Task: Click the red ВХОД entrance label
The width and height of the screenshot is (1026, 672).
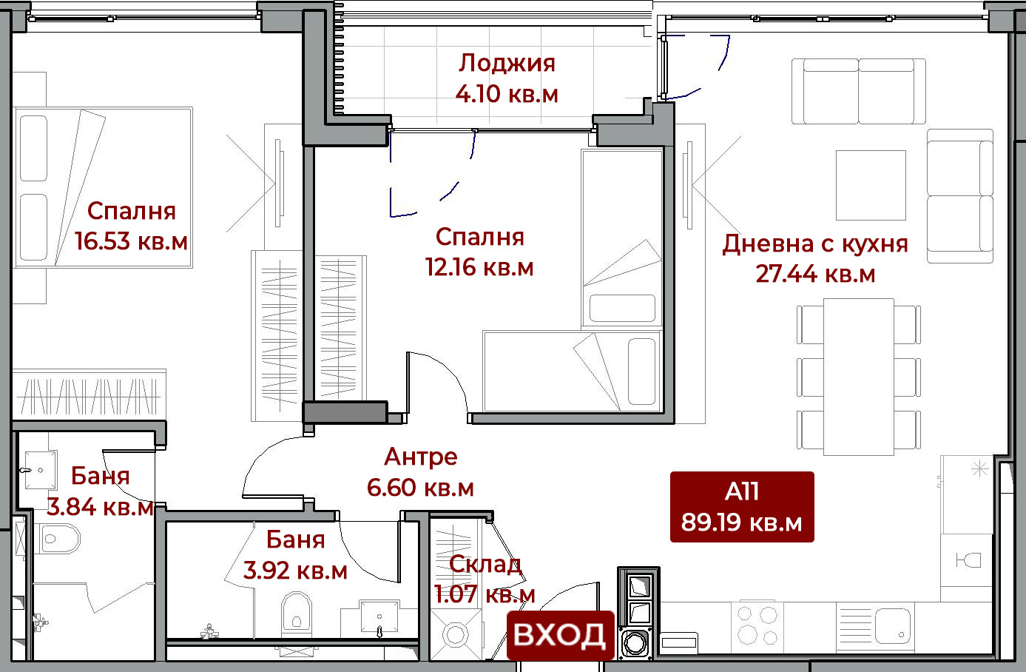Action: coord(560,635)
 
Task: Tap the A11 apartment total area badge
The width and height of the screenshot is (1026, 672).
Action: coord(742,507)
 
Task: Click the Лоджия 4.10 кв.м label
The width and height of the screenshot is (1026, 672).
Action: coord(507,78)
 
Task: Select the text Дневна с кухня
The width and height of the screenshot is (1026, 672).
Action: coord(815,243)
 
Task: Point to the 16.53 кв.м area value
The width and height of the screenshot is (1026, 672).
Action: coord(131,241)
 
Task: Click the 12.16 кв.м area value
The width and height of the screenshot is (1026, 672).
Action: coord(479,267)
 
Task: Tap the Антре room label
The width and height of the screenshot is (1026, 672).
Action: coord(420,457)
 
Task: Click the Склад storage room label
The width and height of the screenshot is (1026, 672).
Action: coord(485,564)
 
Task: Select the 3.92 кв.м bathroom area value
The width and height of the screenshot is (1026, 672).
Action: coord(295,571)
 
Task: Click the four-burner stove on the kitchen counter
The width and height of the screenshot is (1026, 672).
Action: coord(757,625)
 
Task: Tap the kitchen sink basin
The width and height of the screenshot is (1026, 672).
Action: coord(893,625)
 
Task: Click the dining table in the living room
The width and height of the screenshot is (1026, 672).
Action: coord(858,377)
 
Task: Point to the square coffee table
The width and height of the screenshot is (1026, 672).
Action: coord(871,185)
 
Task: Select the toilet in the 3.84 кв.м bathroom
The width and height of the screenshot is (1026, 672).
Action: coord(58,539)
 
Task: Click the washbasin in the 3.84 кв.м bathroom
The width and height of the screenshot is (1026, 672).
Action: coord(40,470)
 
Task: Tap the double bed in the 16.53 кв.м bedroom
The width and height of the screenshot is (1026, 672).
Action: coord(103,187)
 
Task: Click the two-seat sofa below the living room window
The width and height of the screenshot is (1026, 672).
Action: coord(858,91)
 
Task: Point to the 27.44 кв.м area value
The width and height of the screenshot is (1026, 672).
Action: coord(815,274)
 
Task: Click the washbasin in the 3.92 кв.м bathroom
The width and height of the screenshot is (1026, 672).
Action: coord(379,617)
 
